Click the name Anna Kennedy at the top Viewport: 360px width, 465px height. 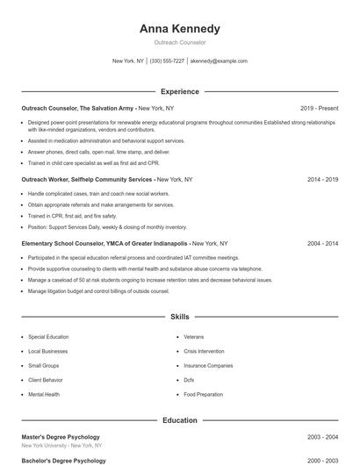pyautogui.click(x=180, y=29)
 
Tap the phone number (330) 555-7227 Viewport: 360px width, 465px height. pyautogui.click(x=167, y=61)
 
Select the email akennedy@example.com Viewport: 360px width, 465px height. pyautogui.click(x=219, y=61)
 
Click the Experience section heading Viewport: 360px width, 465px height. pyautogui.click(x=180, y=91)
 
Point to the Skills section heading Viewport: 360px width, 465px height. pyautogui.click(x=180, y=316)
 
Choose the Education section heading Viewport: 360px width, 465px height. pyautogui.click(x=180, y=420)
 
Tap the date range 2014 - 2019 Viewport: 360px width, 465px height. pyautogui.click(x=322, y=179)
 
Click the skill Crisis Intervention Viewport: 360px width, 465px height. pyautogui.click(x=205, y=351)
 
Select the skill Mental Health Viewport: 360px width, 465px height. pyautogui.click(x=44, y=395)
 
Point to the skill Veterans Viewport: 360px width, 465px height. pyautogui.click(x=194, y=337)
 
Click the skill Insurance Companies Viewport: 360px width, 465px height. pyautogui.click(x=208, y=366)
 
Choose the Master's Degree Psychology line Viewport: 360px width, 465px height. pyautogui.click(x=61, y=437)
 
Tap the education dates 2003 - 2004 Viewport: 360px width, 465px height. pyautogui.click(x=322, y=437)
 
